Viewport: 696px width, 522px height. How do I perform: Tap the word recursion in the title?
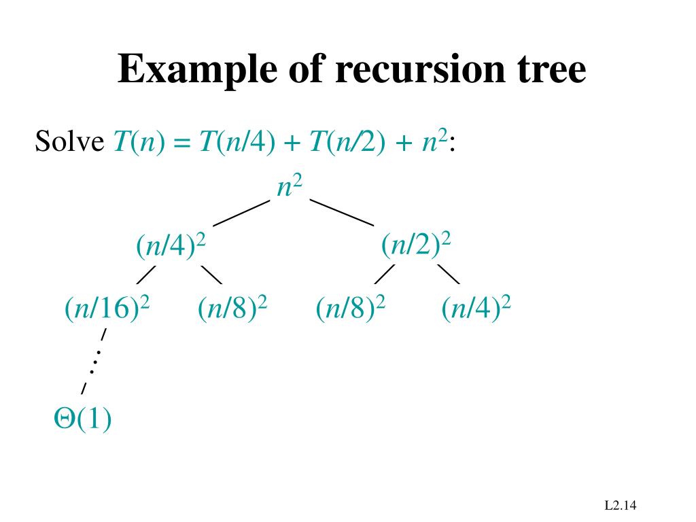coord(406,70)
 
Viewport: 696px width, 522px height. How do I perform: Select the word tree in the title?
coord(549,70)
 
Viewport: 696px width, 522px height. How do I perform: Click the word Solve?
coord(69,142)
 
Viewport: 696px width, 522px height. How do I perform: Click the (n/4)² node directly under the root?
coord(171,247)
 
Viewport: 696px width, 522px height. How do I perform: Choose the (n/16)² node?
coord(107,309)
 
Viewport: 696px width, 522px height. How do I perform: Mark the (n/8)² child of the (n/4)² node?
coord(232,309)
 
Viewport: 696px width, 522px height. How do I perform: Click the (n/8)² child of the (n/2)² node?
coord(351,309)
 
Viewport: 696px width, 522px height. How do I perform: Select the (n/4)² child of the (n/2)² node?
coord(476,309)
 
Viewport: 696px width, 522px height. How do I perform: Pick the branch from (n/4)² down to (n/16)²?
coord(146,275)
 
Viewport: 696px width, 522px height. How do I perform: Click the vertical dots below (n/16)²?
coord(94,361)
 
